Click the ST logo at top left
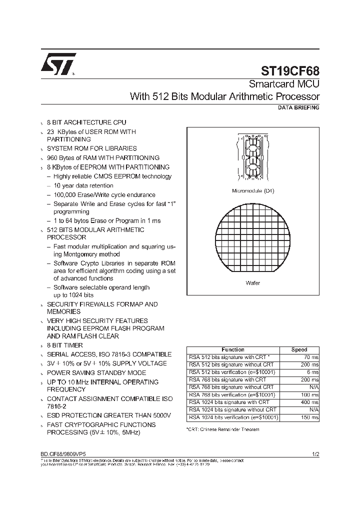tap(58, 64)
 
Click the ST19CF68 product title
tap(290, 71)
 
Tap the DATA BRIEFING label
tap(298, 107)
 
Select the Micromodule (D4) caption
tap(253, 191)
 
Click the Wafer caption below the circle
tap(253, 283)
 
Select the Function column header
tap(233, 349)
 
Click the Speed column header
tap(299, 349)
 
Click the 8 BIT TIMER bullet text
tap(65, 345)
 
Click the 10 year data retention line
tap(83, 185)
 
